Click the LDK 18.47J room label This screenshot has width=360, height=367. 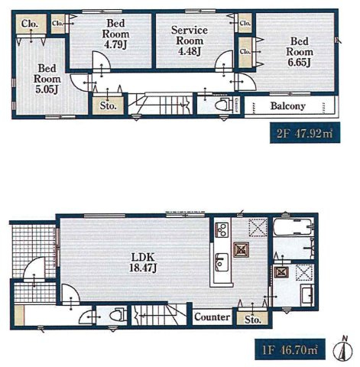pyautogui.click(x=143, y=261)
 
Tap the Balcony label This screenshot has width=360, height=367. pyautogui.click(x=288, y=106)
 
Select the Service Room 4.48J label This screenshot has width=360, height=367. pyautogui.click(x=190, y=41)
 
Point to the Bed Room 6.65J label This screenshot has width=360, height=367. pyautogui.click(x=300, y=52)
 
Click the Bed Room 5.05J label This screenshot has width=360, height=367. pyautogui.click(x=47, y=79)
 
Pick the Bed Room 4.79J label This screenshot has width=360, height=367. pyautogui.click(x=115, y=34)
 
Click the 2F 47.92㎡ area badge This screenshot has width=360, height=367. pyautogui.click(x=305, y=133)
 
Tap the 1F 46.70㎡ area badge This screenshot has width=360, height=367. pyautogui.click(x=290, y=349)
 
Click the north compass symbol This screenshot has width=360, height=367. pyautogui.click(x=343, y=349)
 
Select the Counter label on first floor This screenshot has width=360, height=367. pyautogui.click(x=212, y=317)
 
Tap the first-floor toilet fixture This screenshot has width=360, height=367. pyautogui.click(x=118, y=316)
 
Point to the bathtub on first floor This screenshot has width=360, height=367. pyautogui.click(x=294, y=227)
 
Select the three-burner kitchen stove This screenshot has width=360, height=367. pyautogui.click(x=222, y=229)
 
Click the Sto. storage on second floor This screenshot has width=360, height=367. pyautogui.click(x=108, y=106)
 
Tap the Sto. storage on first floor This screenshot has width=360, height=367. pyautogui.click(x=252, y=319)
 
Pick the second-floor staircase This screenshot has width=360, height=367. pyautogui.click(x=161, y=104)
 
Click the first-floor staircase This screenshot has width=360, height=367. pyautogui.click(x=159, y=315)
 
